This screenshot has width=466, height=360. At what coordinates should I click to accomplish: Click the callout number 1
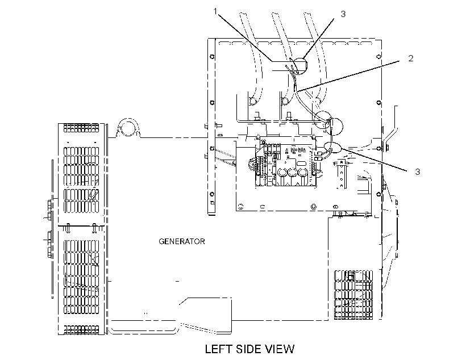(x=215, y=11)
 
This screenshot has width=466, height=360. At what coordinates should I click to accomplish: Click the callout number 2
(x=411, y=58)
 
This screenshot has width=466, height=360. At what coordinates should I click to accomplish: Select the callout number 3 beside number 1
(x=343, y=14)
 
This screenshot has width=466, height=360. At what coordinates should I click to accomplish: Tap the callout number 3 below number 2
(x=417, y=171)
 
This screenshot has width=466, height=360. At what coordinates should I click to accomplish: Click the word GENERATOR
(x=182, y=241)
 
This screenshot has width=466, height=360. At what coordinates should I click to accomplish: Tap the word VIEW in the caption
(x=281, y=349)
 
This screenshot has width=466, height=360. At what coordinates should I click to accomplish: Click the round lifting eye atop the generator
(x=128, y=127)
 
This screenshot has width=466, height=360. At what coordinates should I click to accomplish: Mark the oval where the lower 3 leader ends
(x=332, y=147)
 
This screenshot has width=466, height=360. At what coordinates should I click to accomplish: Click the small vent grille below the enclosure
(x=353, y=295)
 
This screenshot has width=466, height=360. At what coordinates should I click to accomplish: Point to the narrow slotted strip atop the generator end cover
(x=81, y=128)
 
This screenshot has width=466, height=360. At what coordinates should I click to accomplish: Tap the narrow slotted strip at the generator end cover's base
(x=81, y=329)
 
